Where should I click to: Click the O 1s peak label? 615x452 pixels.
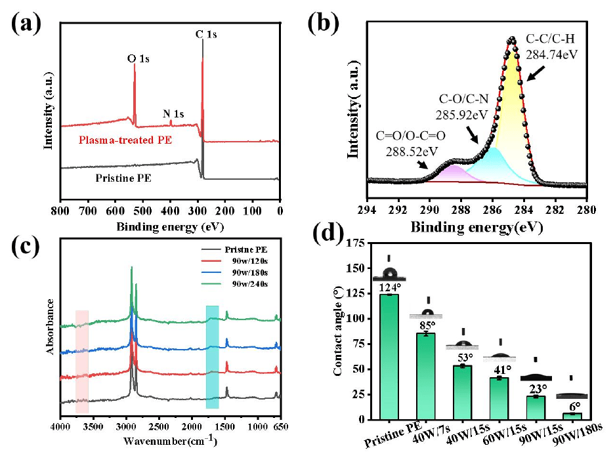tap(138, 59)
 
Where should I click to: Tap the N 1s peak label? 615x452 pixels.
tap(173, 113)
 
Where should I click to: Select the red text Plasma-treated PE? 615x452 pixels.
tap(125, 140)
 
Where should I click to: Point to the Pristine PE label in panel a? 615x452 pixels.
tap(123, 178)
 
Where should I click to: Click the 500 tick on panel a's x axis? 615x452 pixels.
tap(143, 211)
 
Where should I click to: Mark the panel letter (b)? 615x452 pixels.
tap(323, 24)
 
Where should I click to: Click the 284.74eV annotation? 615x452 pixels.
tap(552, 54)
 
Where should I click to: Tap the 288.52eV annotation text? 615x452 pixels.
tap(412, 152)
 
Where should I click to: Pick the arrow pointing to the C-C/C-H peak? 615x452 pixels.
tap(536, 73)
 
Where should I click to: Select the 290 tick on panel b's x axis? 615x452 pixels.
tap(429, 210)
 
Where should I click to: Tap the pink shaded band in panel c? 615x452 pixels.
tap(82, 361)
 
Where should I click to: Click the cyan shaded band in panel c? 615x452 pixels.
tap(212, 357)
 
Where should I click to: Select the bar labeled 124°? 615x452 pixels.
tap(389, 357)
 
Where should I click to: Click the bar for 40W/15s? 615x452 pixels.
tap(463, 392)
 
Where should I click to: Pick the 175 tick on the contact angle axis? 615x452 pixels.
tap(356, 243)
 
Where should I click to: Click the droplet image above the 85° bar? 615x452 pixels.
tap(426, 314)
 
